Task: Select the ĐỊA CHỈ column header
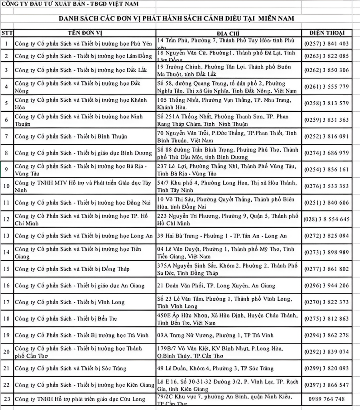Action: click(x=228, y=33)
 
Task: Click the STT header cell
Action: click(x=6, y=33)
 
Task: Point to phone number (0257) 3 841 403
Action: click(x=326, y=44)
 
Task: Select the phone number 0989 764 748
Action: click(x=326, y=399)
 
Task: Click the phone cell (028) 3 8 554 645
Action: click(x=326, y=219)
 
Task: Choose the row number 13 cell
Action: click(x=6, y=236)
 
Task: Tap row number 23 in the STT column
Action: click(x=6, y=399)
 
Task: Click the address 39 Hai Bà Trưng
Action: click(x=222, y=236)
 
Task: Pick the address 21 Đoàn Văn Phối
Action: click(x=216, y=285)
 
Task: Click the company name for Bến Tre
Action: click(x=66, y=319)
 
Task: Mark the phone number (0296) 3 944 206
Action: click(x=326, y=285)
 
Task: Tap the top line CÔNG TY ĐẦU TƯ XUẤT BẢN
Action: click(x=70, y=4)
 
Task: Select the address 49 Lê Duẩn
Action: click(x=215, y=368)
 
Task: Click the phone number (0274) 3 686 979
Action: click(x=326, y=153)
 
